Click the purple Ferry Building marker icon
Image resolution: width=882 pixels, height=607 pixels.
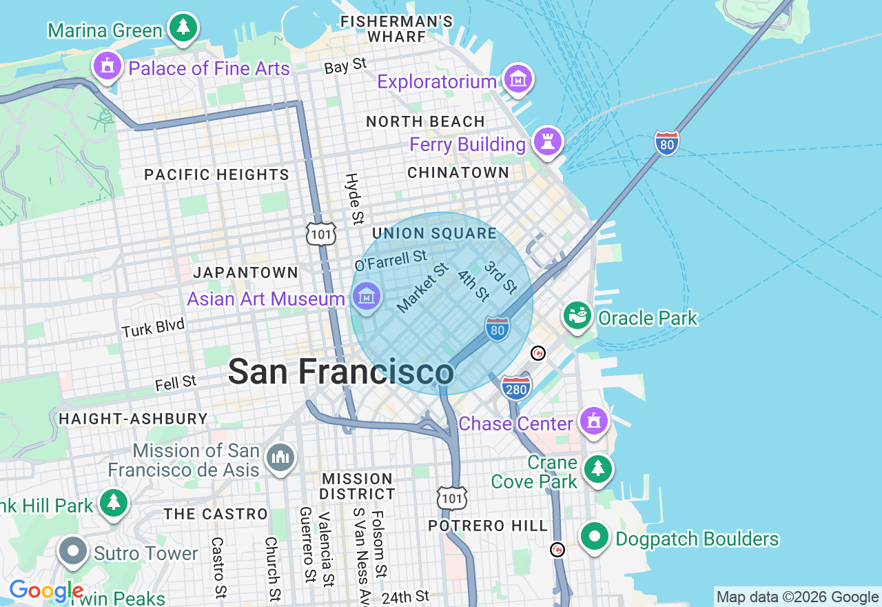click(548, 141)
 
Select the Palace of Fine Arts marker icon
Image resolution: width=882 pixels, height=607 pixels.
click(107, 66)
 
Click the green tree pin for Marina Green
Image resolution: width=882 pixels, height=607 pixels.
click(183, 28)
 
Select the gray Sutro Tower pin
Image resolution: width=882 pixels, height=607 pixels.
click(72, 551)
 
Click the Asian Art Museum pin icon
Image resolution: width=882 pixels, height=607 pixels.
click(366, 297)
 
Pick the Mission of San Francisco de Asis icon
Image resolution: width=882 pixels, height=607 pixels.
click(280, 457)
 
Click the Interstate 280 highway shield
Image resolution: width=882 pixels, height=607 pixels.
click(516, 388)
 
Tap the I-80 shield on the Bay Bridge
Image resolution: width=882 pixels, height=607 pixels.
click(666, 143)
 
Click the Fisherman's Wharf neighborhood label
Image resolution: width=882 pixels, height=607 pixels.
click(397, 29)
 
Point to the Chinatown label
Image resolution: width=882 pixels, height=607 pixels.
click(458, 172)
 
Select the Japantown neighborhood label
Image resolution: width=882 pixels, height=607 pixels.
click(245, 272)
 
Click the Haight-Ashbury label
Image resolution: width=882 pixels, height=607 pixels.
click(133, 419)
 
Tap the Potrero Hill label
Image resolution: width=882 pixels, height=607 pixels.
click(488, 526)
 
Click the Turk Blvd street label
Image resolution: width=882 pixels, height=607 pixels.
click(153, 328)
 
